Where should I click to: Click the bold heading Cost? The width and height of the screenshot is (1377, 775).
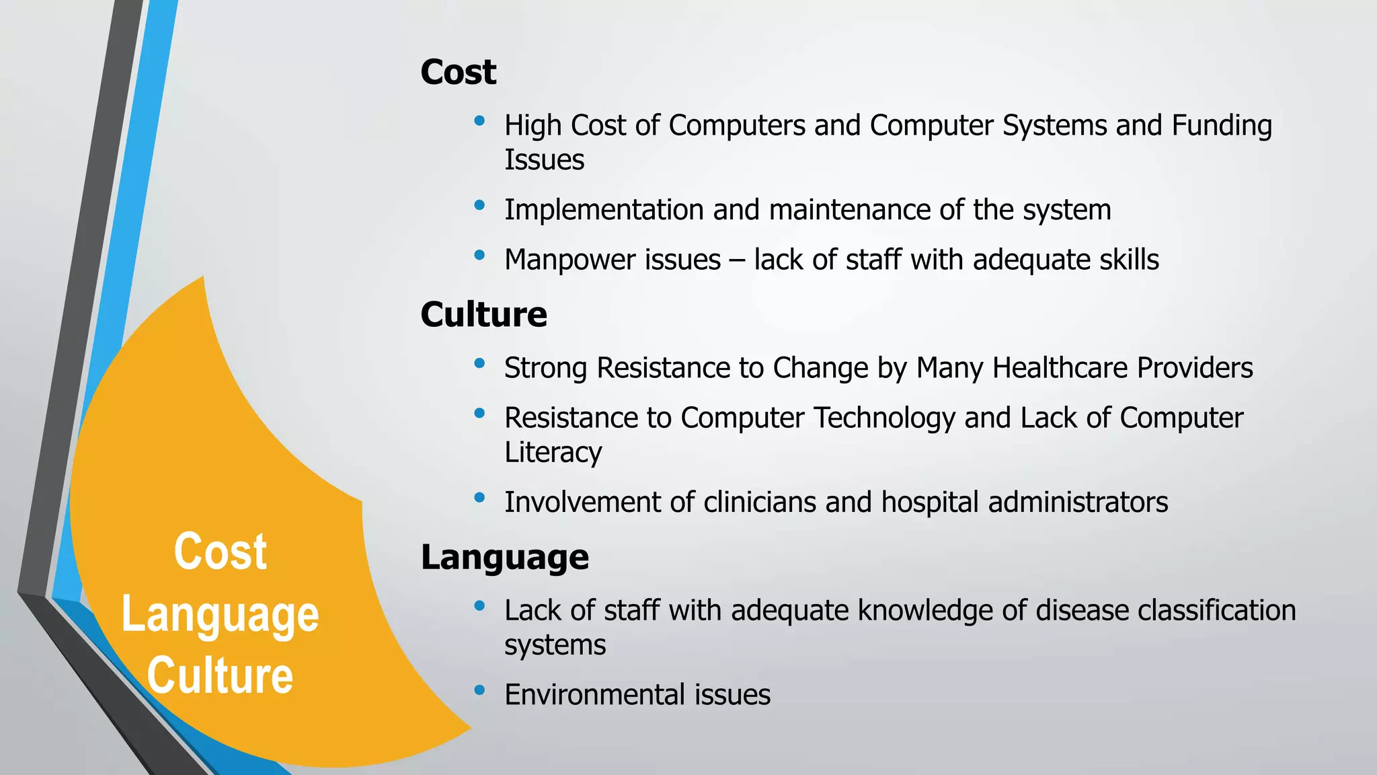coord(458,72)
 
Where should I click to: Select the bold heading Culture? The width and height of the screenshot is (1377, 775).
coord(483,315)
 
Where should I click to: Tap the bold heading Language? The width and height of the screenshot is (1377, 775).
coord(504,557)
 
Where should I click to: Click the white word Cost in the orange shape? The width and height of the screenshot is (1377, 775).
coord(220,552)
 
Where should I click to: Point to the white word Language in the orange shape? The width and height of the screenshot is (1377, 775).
coord(220,616)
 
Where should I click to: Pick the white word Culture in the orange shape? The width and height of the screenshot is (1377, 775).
coord(220,675)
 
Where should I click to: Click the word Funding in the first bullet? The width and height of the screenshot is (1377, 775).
coord(1222,126)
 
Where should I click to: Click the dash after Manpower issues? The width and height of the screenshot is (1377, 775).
coord(737,260)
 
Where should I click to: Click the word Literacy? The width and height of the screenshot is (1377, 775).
coord(553,453)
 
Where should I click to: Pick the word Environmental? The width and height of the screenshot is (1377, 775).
coord(594,695)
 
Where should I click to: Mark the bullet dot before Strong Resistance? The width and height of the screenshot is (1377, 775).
coord(479,363)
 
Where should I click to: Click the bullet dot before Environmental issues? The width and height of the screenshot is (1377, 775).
coord(479,690)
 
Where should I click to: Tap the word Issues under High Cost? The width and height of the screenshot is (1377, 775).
coord(544,160)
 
